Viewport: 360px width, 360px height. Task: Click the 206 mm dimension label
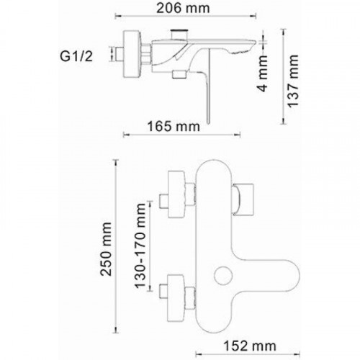[x=183, y=9]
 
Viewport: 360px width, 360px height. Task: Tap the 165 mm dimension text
[x=174, y=127]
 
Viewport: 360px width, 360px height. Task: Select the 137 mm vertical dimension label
[x=293, y=81]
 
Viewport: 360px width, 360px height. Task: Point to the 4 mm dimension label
[x=263, y=73]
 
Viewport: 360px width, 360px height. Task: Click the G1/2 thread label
[x=76, y=57]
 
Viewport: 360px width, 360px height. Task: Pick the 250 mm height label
[x=106, y=249]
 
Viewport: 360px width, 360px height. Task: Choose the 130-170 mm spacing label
[x=140, y=246]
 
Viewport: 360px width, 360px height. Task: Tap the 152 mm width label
[x=250, y=346]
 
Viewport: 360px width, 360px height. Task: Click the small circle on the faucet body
[x=223, y=276]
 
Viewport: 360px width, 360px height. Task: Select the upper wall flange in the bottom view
[x=176, y=194]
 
